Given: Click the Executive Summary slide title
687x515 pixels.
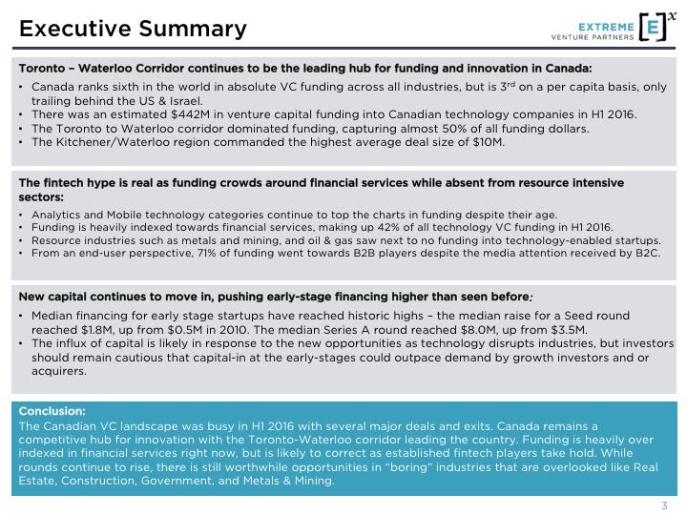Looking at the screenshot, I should [133, 29].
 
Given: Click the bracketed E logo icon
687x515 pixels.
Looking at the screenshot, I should [652, 28].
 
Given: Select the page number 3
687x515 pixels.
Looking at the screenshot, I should [664, 505].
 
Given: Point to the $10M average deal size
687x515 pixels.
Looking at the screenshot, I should [486, 142].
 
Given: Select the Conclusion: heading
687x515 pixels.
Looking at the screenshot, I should [52, 411].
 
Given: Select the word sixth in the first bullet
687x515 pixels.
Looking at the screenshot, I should [130, 86].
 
